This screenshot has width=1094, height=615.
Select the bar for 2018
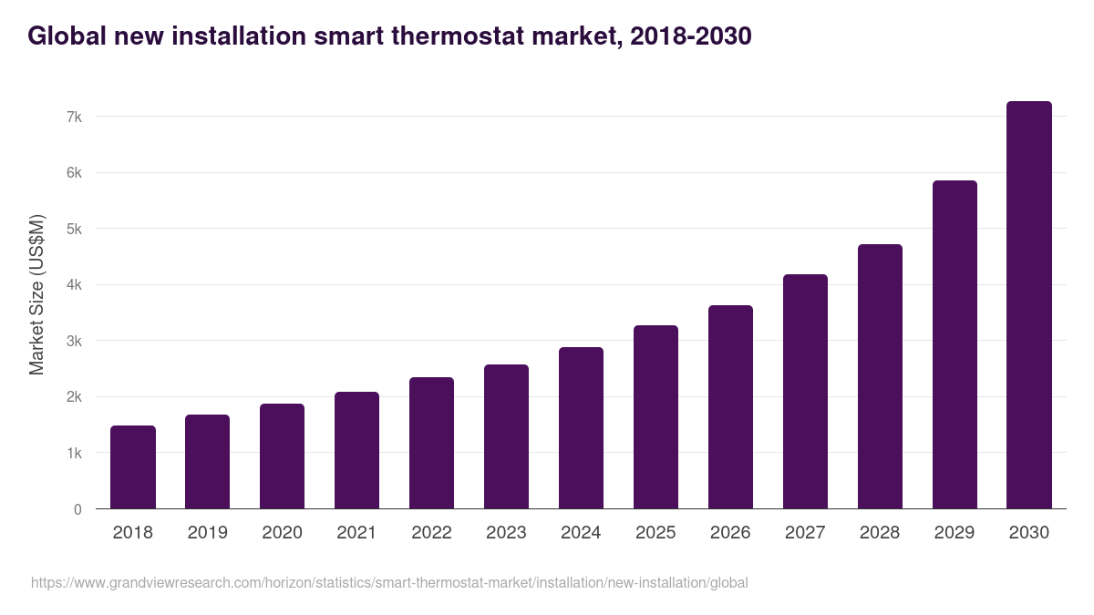[x=133, y=466]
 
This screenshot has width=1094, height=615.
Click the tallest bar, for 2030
[x=1029, y=305]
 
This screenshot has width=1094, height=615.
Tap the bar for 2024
[x=581, y=428]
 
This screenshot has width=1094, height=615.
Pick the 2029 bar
[x=955, y=344]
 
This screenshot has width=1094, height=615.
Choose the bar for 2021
[x=356, y=450]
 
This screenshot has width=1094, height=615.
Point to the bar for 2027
[x=805, y=392]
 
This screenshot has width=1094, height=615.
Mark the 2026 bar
[x=730, y=407]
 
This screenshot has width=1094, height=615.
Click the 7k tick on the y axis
[x=74, y=117]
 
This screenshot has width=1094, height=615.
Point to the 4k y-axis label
[x=74, y=284]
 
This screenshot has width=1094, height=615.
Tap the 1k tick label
[x=74, y=453]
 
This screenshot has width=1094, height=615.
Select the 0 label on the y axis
[x=77, y=509]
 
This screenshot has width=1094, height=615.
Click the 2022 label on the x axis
[x=431, y=533]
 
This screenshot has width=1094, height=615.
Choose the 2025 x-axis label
[x=655, y=533]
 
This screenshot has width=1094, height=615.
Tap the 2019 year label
[x=208, y=533]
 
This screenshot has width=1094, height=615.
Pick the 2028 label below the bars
[x=880, y=533]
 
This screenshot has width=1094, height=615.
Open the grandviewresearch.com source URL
[x=389, y=583]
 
